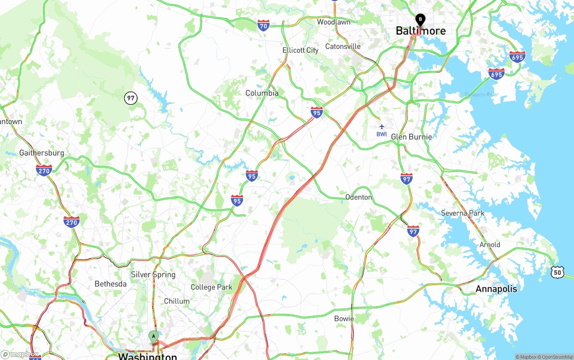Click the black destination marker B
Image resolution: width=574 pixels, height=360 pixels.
[x=420, y=19]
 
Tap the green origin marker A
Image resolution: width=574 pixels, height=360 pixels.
[x=154, y=336]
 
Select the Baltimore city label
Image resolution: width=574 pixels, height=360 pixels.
[x=421, y=31]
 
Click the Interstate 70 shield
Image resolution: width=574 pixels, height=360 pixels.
[x=263, y=26]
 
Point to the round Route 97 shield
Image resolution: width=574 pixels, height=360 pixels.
[x=131, y=98]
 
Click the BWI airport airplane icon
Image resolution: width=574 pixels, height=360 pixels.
[x=382, y=127]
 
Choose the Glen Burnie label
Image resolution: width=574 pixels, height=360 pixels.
[x=411, y=137]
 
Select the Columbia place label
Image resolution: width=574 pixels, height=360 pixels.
[x=262, y=93]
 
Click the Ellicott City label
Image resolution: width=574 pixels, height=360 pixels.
[x=300, y=50]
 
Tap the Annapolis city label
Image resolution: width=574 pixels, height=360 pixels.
[x=496, y=289]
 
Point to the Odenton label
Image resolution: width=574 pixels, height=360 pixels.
[x=358, y=197]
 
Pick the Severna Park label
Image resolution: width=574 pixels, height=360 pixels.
[x=463, y=213]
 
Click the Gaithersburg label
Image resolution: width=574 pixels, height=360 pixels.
[x=42, y=153]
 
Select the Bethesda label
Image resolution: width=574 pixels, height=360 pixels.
[x=110, y=284]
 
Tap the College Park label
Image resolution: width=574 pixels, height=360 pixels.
[x=211, y=287]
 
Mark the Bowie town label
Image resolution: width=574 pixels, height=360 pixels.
[x=344, y=319]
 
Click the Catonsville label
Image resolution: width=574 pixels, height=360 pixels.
[x=343, y=47]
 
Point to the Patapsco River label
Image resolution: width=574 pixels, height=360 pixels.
[x=481, y=95]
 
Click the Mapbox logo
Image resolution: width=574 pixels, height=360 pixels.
[x=20, y=354]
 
